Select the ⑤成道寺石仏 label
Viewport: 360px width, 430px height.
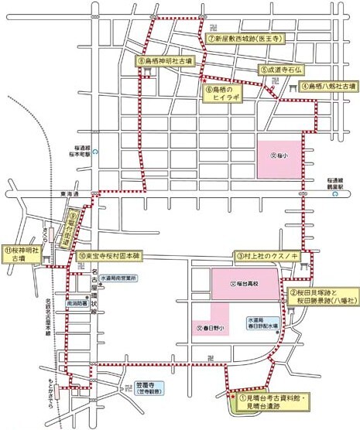(279, 69)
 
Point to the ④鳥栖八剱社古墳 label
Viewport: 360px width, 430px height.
(328, 87)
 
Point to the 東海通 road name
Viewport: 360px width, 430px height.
(57, 196)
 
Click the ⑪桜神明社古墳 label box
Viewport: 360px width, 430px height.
(20, 255)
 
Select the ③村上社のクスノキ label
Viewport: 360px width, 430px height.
(267, 255)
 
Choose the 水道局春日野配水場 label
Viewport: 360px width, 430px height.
(263, 324)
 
